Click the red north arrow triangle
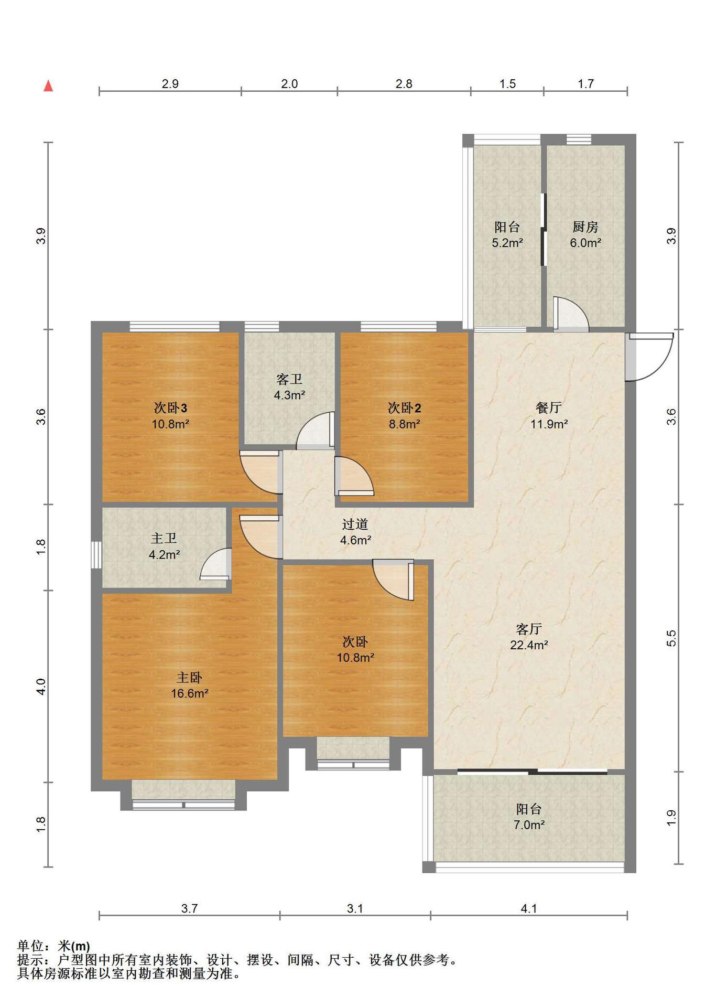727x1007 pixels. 48,86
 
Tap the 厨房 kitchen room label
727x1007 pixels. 585,227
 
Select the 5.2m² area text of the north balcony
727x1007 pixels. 507,243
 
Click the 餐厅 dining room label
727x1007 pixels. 549,408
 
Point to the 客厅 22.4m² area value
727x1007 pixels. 529,645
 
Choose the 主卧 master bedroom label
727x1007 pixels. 189,678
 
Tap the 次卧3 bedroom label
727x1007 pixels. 170,408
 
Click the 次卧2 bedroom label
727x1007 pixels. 404,408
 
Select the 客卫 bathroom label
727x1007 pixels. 289,379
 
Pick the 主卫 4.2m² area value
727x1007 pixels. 165,554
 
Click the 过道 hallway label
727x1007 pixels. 355,524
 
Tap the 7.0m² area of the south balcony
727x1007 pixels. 529,824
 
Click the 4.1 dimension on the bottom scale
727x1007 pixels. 529,908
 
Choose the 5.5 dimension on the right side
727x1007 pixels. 671,638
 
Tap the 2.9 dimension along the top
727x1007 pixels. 170,84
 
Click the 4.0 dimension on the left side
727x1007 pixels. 41,687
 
